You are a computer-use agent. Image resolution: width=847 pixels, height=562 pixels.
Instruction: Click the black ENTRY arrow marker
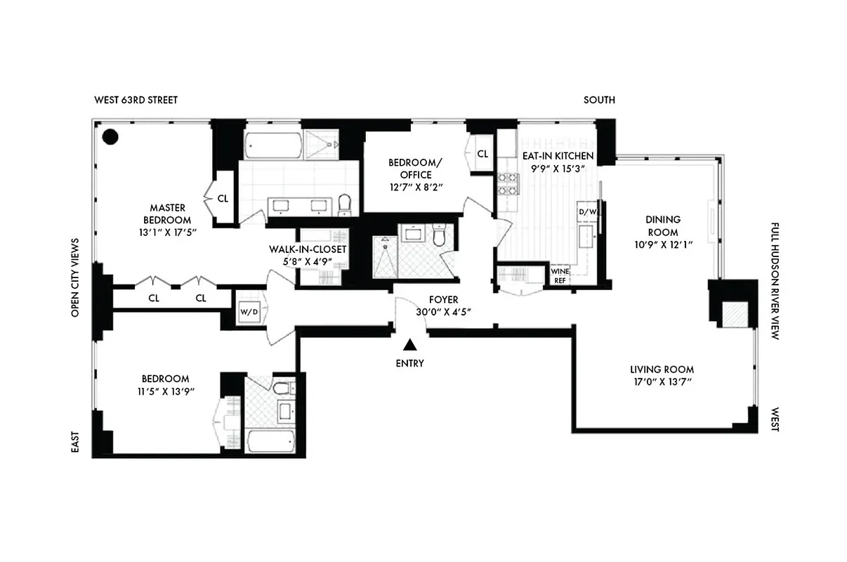[410, 344]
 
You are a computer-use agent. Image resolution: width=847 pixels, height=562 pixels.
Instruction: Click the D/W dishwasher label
[586, 211]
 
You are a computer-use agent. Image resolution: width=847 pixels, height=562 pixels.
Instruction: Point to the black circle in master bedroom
[110, 137]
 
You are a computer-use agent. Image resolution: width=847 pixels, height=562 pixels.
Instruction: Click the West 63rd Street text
[136, 100]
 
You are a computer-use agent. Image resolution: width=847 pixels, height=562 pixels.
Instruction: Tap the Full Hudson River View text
[775, 281]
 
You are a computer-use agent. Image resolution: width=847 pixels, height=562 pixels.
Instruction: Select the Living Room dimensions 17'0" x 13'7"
[662, 383]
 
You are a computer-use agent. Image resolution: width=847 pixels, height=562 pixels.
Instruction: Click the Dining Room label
[663, 226]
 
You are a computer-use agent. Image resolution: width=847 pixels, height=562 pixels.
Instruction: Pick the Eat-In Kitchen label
[558, 155]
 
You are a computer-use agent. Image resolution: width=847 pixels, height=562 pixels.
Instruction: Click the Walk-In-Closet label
[308, 249]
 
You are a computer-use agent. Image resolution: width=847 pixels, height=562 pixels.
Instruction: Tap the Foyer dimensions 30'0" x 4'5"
[442, 313]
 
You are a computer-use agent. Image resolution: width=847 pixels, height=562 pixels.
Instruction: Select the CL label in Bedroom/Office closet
[483, 154]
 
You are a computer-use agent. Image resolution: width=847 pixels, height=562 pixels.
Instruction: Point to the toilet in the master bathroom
[344, 204]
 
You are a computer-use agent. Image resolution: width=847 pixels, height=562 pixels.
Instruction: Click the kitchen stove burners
[508, 183]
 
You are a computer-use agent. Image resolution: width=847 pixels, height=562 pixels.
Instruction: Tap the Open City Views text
[74, 277]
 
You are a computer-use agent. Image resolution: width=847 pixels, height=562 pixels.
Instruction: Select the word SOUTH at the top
[599, 100]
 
